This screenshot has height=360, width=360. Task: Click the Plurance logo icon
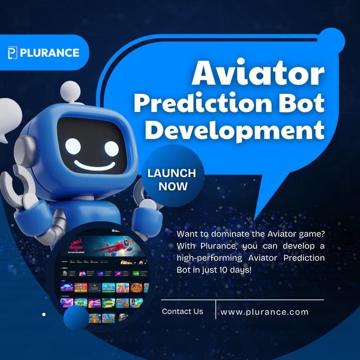click(x=13, y=52)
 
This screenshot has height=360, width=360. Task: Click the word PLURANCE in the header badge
click(x=49, y=52)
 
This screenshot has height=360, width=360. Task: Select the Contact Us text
click(x=182, y=311)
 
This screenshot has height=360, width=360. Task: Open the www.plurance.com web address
click(x=265, y=312)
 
